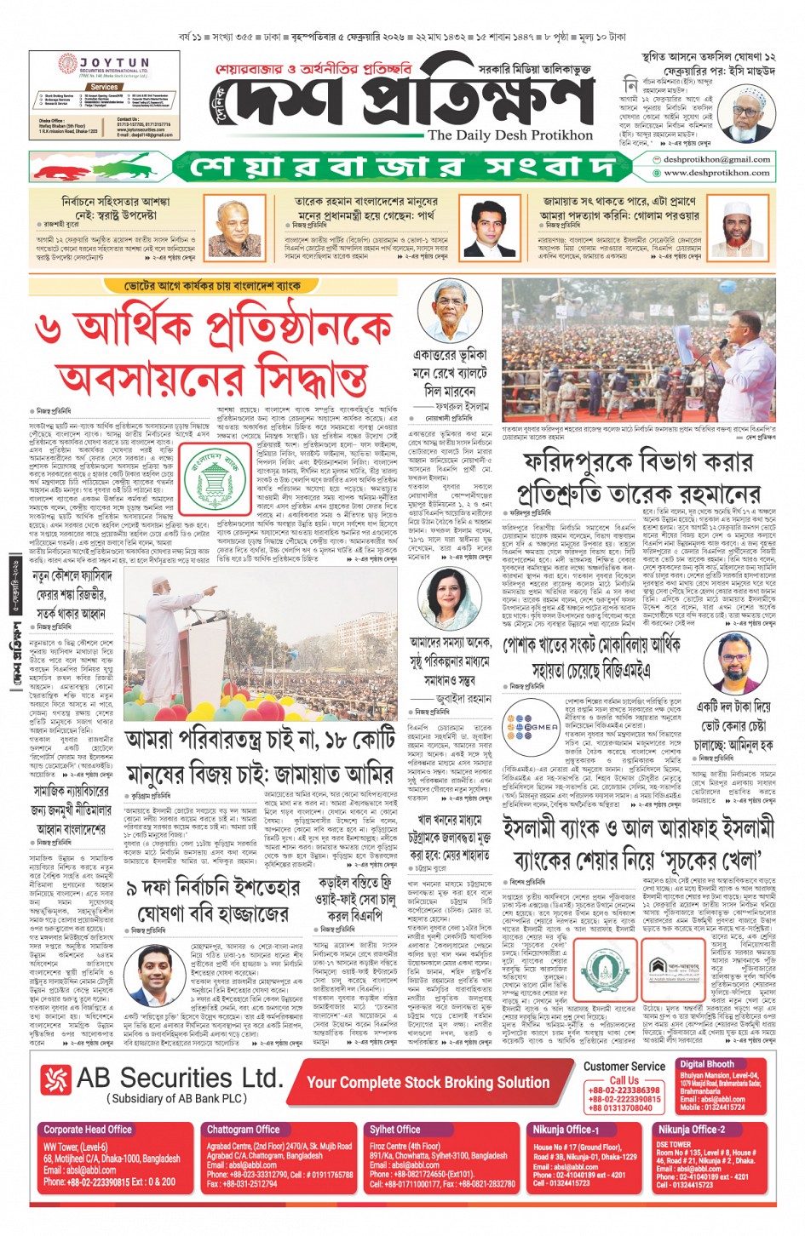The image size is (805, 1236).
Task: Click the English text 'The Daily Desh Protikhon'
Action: pos(509,134)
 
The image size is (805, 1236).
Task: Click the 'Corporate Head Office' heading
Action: pos(88,1130)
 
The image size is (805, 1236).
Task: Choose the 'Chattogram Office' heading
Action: pos(243,1130)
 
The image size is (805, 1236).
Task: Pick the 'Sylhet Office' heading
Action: pos(394,1130)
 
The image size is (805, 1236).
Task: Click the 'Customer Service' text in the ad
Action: pos(624,1066)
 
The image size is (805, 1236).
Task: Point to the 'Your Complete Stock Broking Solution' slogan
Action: pos(428,1082)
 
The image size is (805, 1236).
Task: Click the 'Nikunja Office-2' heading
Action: pos(691,1130)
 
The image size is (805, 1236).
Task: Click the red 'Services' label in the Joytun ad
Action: pos(104,87)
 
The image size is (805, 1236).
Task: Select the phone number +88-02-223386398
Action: pos(624,1090)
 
